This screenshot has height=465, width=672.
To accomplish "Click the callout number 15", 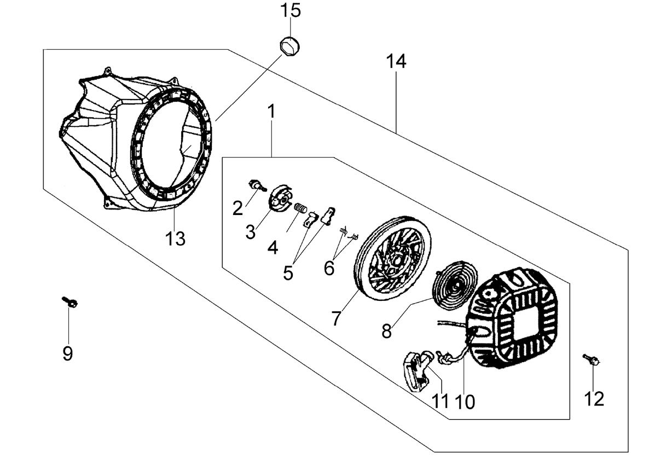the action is pyautogui.click(x=291, y=11).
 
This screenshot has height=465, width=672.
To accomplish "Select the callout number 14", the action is pyautogui.click(x=396, y=61).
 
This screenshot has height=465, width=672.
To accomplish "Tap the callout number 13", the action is pyautogui.click(x=175, y=239).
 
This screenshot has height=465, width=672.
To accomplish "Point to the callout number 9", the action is pyautogui.click(x=68, y=353).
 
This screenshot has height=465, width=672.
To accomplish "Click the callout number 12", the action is pyautogui.click(x=594, y=399).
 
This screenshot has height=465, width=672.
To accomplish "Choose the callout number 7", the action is pyautogui.click(x=336, y=318).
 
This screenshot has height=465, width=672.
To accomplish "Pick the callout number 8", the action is pyautogui.click(x=387, y=332).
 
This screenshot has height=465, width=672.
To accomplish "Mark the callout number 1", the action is pyautogui.click(x=272, y=111).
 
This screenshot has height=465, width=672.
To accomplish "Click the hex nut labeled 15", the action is pyautogui.click(x=289, y=46).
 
